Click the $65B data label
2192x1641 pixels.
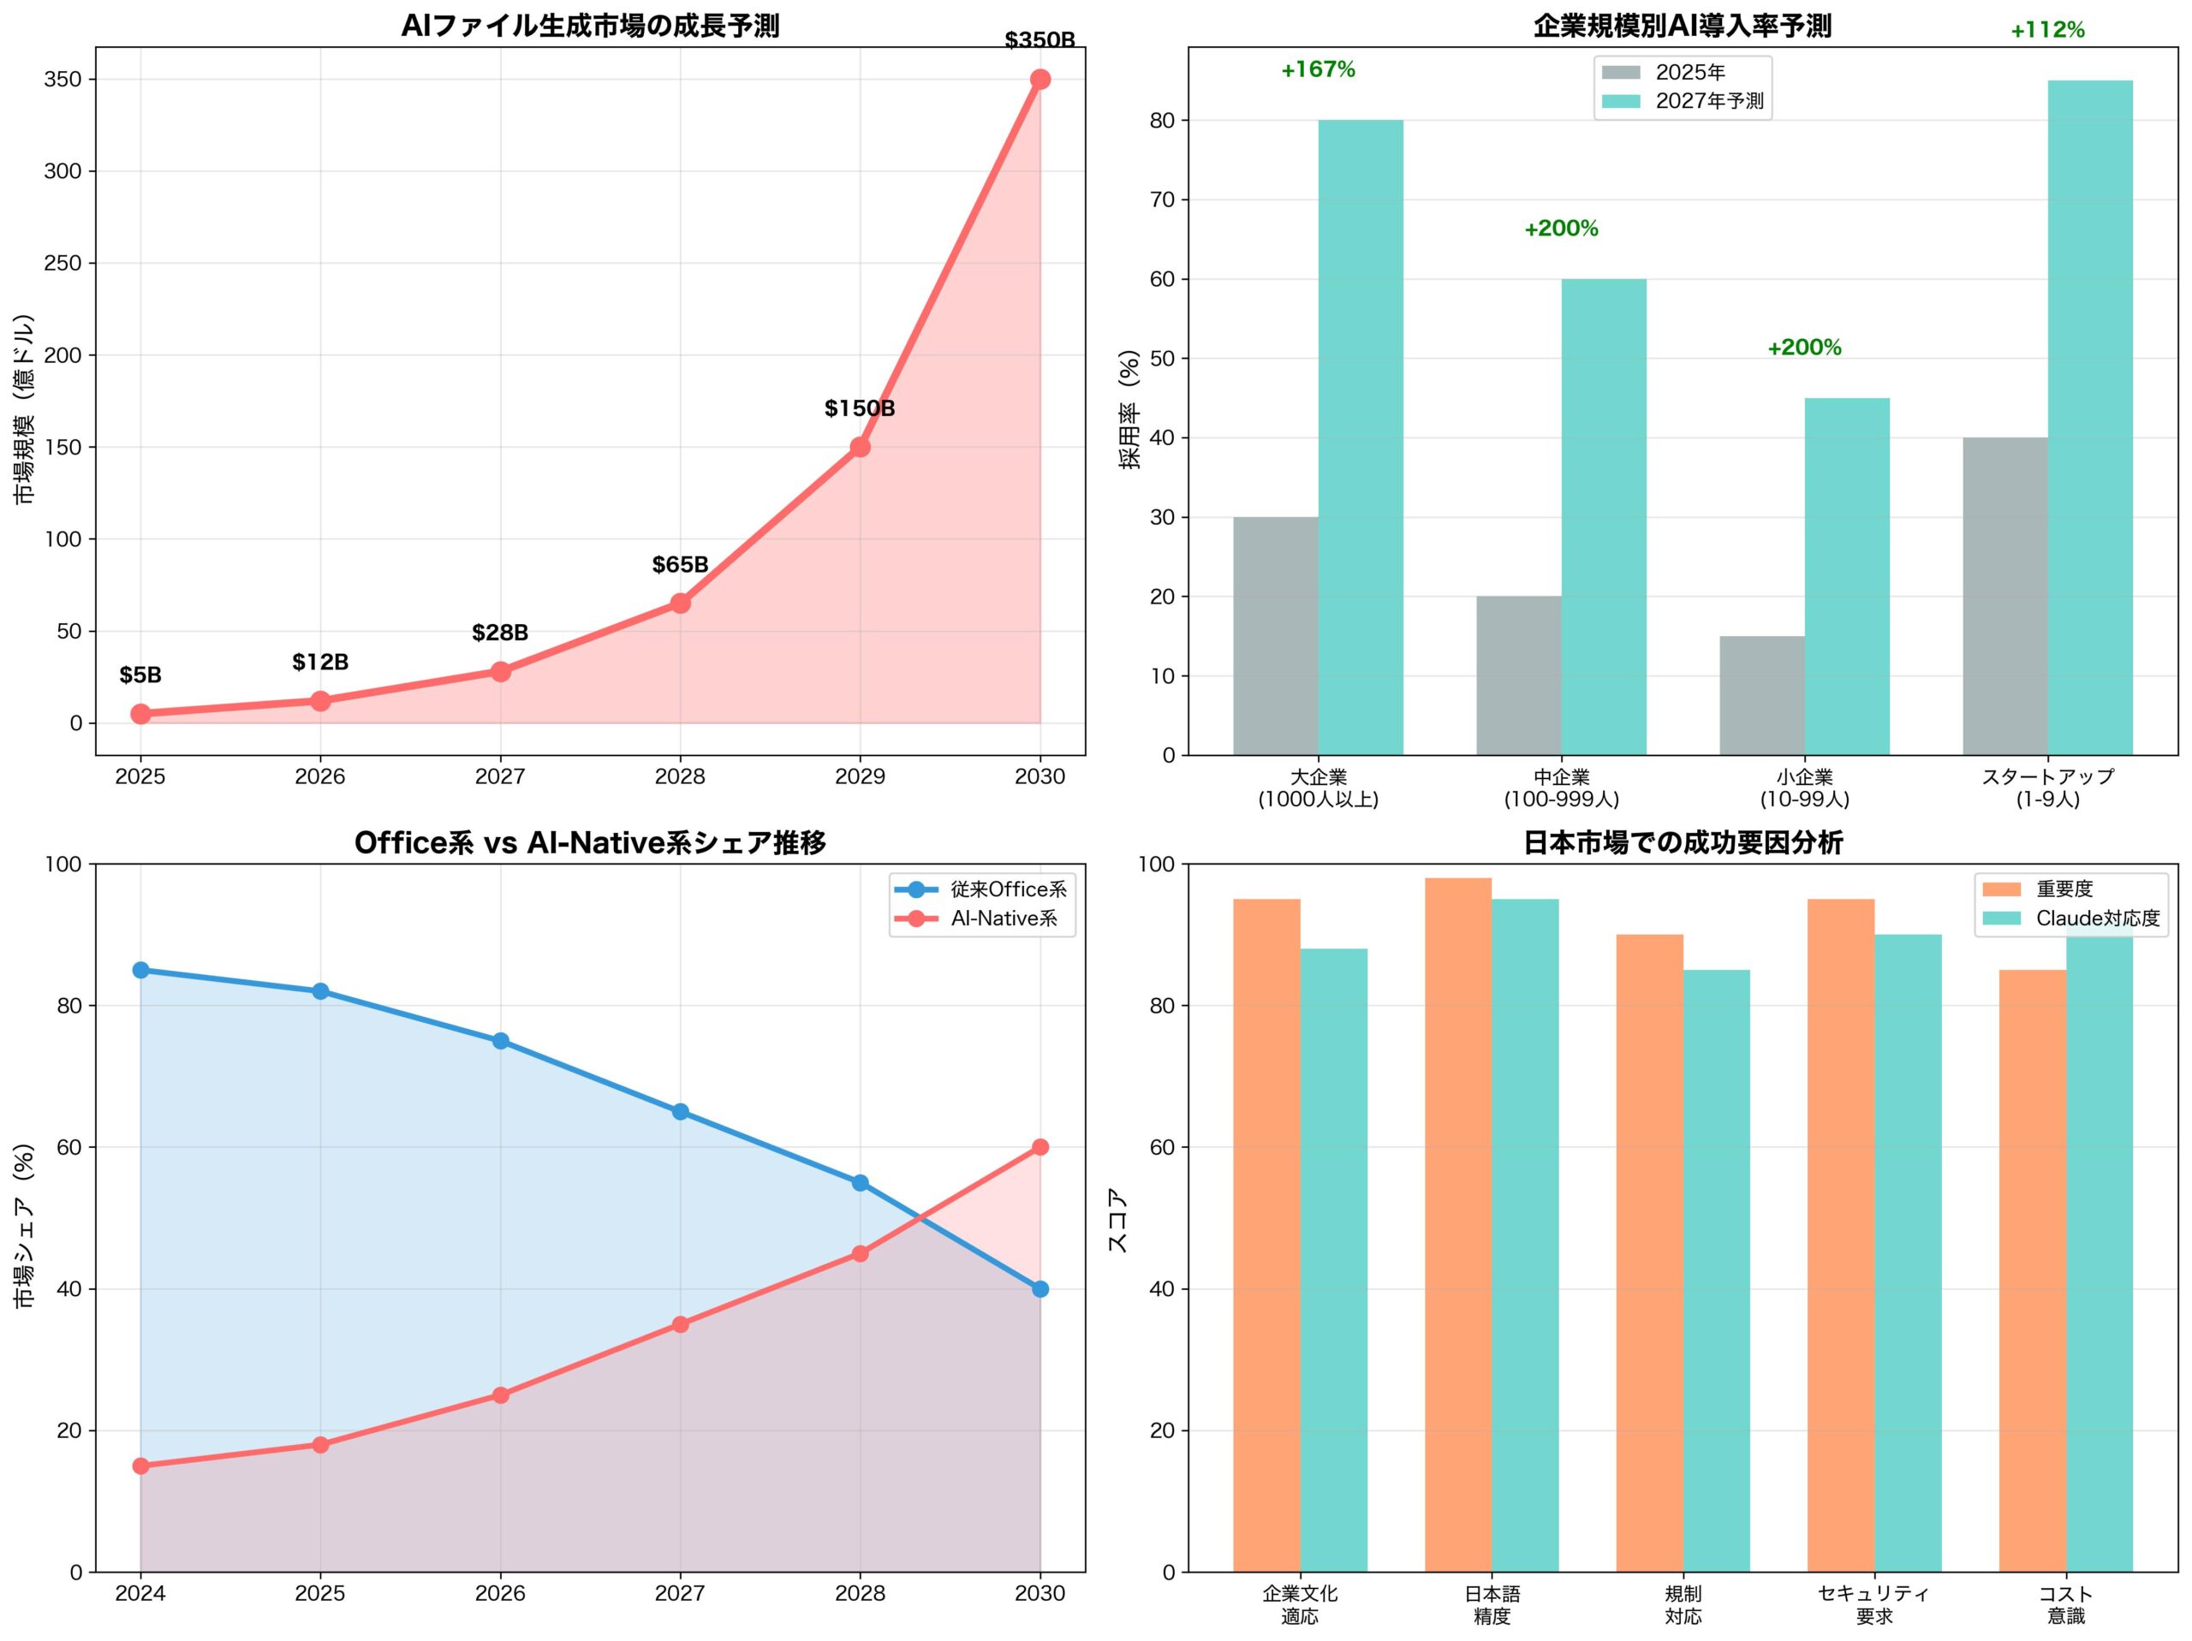click(680, 565)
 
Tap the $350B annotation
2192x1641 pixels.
click(1039, 40)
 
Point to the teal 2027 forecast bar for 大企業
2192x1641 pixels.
click(1360, 436)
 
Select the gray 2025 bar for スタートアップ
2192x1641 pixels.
click(2004, 596)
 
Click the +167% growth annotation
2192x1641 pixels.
click(1317, 69)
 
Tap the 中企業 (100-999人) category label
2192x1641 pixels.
click(1561, 788)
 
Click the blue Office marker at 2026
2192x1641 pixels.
click(500, 1040)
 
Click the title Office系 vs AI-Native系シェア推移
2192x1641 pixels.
click(590, 842)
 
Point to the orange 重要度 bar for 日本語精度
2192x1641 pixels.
click(1457, 1224)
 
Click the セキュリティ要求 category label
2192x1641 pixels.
click(1873, 1604)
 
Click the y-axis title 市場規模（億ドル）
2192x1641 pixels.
click(25, 409)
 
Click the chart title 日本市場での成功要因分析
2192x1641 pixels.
click(1683, 842)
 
